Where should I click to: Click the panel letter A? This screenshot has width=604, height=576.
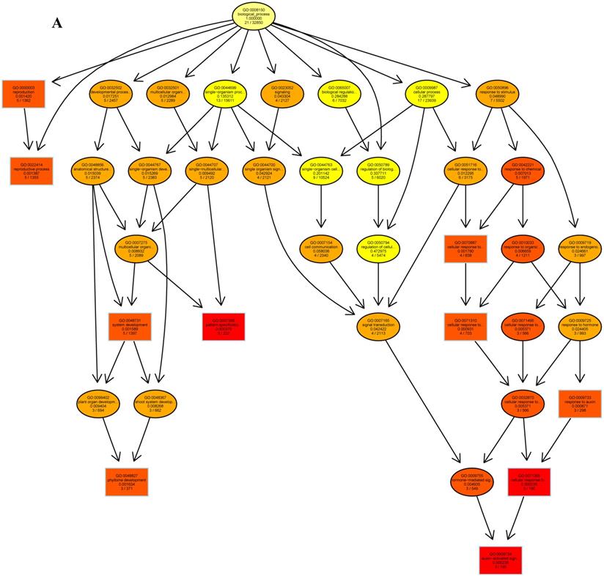[x=58, y=23]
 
